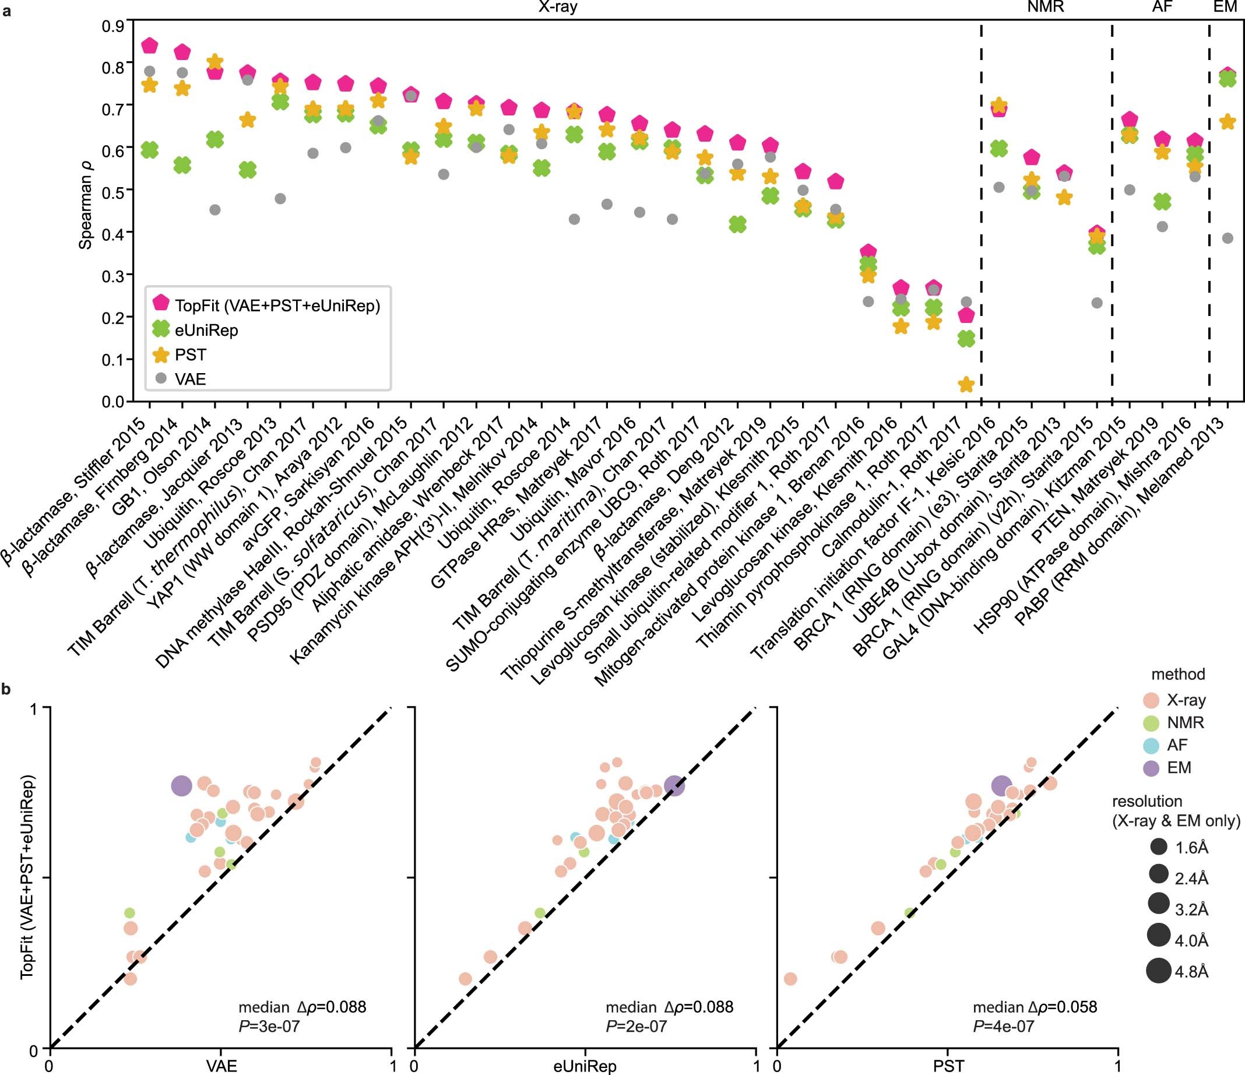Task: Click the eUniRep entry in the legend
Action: point(206,331)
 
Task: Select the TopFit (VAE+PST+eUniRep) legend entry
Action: point(277,305)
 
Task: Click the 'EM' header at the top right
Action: point(1225,7)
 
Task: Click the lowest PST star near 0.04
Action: point(966,385)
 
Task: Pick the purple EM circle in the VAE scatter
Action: point(181,785)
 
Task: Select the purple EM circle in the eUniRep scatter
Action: point(674,785)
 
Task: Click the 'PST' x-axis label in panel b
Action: point(948,1067)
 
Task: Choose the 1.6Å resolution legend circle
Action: point(1159,847)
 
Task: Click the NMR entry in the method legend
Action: point(1185,722)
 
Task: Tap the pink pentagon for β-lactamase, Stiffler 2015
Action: point(149,45)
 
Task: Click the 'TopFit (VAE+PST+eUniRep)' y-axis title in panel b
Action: point(27,877)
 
